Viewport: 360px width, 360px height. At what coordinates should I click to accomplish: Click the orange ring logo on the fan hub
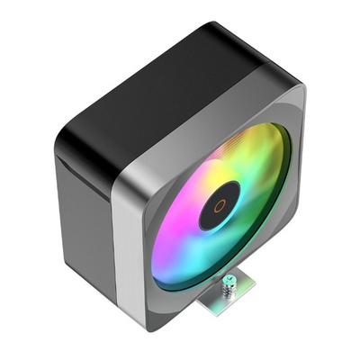click(x=220, y=203)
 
